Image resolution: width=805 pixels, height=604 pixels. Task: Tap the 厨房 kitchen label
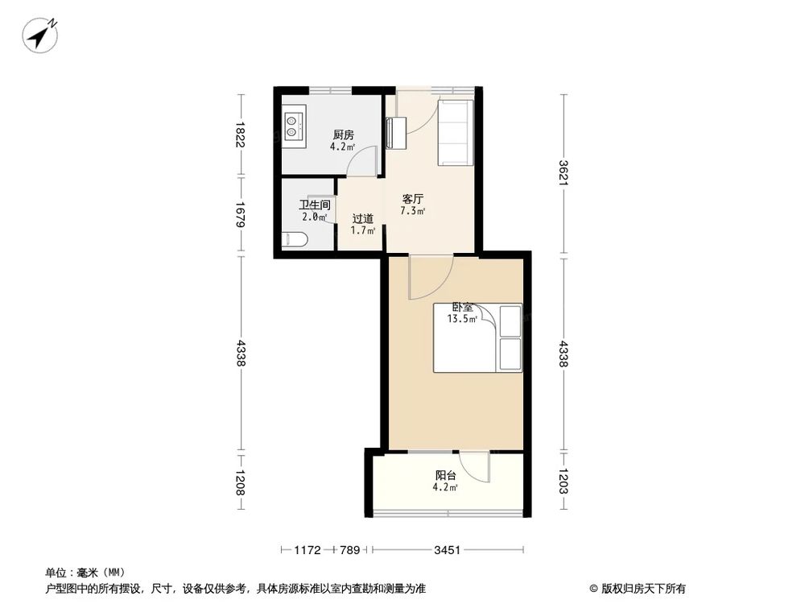343,135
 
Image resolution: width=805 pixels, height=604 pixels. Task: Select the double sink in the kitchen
294,124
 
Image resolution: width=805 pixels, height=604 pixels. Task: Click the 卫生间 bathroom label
315,205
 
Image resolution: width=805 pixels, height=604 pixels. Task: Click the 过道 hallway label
362,218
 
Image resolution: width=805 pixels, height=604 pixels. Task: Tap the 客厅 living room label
413,199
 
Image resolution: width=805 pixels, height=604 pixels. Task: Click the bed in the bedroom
478,338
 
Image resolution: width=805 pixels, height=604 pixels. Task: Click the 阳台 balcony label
446,475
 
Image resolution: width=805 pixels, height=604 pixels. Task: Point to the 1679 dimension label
239,214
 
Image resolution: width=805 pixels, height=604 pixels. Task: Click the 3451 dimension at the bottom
447,550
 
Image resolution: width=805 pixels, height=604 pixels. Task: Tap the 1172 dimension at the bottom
307,550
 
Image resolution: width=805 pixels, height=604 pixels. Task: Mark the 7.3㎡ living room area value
413,212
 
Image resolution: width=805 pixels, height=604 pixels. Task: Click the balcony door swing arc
478,467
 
